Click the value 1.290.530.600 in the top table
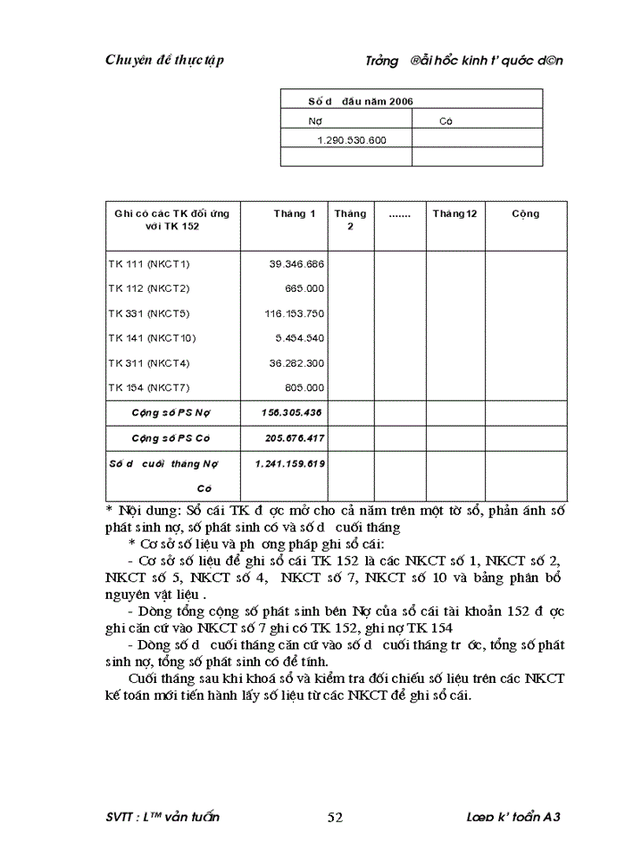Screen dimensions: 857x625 tap(352, 140)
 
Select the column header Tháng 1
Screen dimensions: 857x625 tap(295, 214)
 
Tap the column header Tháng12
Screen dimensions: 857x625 tap(454, 214)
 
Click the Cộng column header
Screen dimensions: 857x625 tap(526, 214)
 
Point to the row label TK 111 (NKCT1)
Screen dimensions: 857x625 tap(148, 264)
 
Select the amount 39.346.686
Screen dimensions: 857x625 tap(296, 264)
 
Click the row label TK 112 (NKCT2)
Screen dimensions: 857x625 tap(148, 288)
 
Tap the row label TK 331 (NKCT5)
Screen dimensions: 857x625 tap(148, 313)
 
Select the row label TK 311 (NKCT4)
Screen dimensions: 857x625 tap(148, 363)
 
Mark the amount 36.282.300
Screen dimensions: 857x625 tap(296, 363)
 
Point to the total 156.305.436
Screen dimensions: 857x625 tap(292, 413)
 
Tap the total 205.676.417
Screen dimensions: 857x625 tap(292, 438)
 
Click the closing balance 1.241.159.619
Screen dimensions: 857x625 tap(290, 463)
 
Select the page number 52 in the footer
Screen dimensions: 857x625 tap(336, 817)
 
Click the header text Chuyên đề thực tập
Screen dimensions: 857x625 tap(164, 60)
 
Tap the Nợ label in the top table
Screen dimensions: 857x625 tap(314, 121)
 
